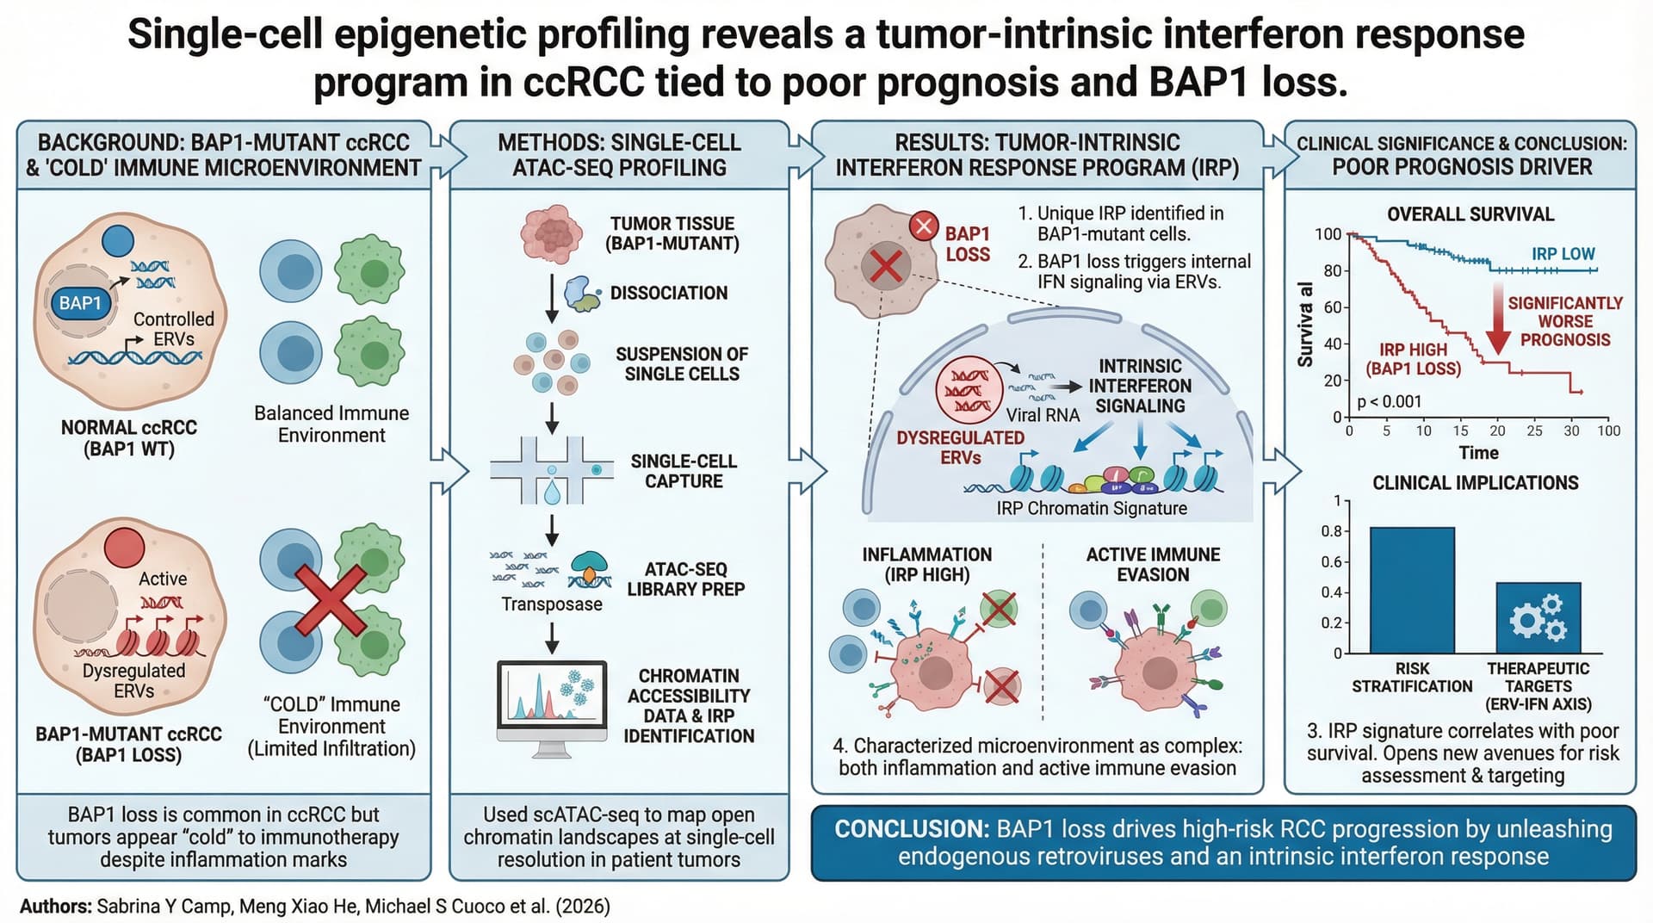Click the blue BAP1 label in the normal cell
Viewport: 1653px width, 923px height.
[80, 304]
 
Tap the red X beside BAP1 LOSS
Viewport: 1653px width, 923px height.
[924, 226]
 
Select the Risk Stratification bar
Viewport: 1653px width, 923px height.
[1412, 590]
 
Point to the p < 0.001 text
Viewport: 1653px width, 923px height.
[1390, 401]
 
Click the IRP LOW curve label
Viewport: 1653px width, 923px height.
[1563, 254]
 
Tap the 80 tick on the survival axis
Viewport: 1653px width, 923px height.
[1332, 270]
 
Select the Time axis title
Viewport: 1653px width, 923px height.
[1478, 453]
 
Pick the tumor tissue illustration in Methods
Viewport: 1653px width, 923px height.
[552, 233]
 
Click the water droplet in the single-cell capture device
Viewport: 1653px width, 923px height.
[552, 491]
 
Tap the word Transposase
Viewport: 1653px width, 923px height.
[552, 604]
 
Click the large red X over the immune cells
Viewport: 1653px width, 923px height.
[331, 600]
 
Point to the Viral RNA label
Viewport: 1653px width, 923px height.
[1043, 415]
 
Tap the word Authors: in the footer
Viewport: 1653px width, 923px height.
[55, 906]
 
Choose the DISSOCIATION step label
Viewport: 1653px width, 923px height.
[669, 293]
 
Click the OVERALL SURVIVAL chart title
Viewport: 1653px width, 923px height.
[1470, 214]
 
